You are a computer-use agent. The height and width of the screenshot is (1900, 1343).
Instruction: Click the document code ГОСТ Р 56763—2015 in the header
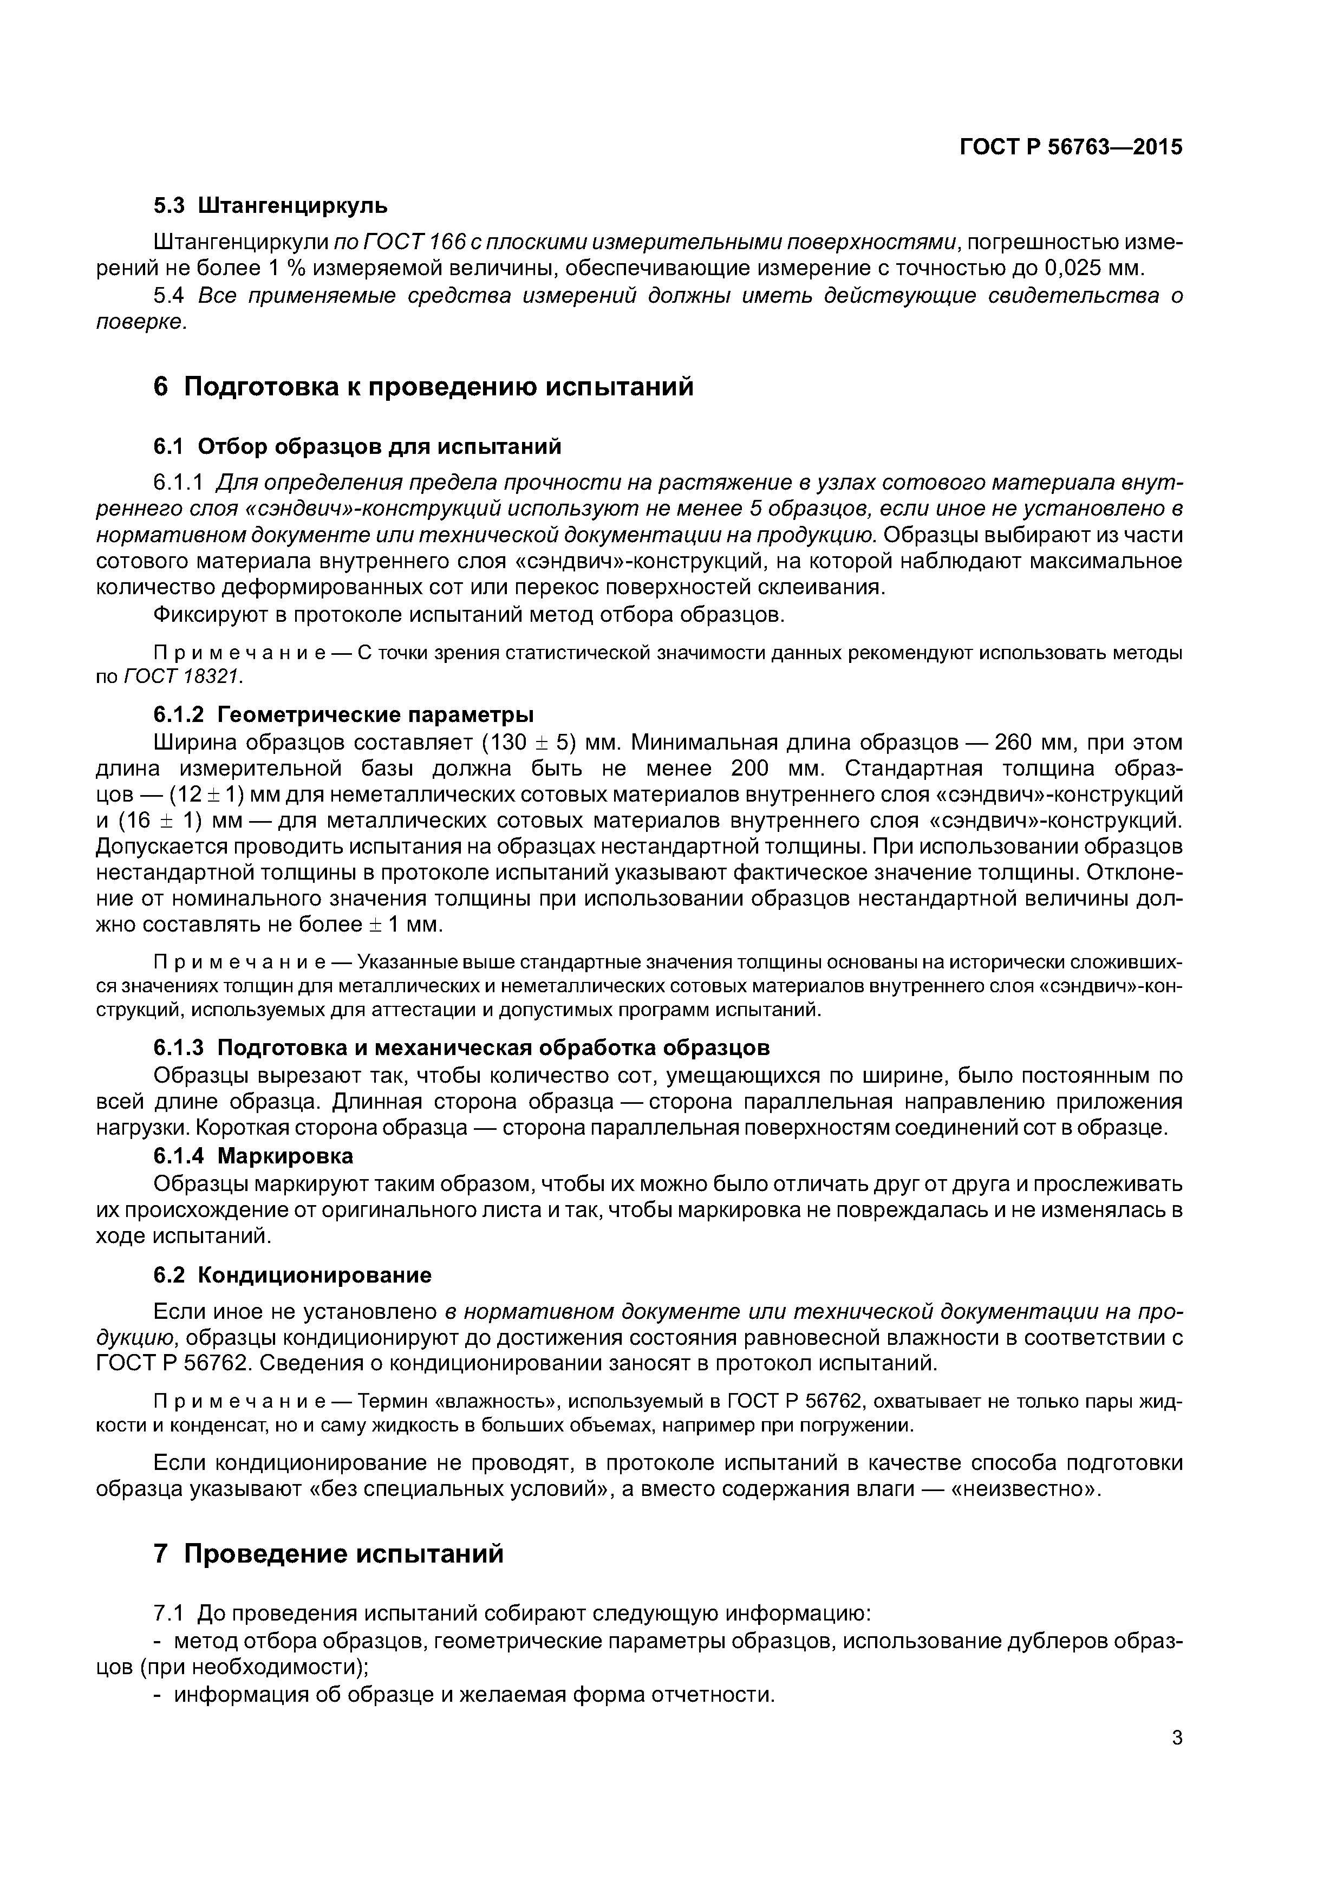point(1071,148)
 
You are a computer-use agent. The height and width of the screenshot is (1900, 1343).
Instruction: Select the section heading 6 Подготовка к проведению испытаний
point(423,387)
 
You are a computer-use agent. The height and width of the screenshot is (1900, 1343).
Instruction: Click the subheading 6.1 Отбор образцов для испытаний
point(357,447)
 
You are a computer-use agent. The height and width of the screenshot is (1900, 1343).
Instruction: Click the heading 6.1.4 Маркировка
point(253,1155)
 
